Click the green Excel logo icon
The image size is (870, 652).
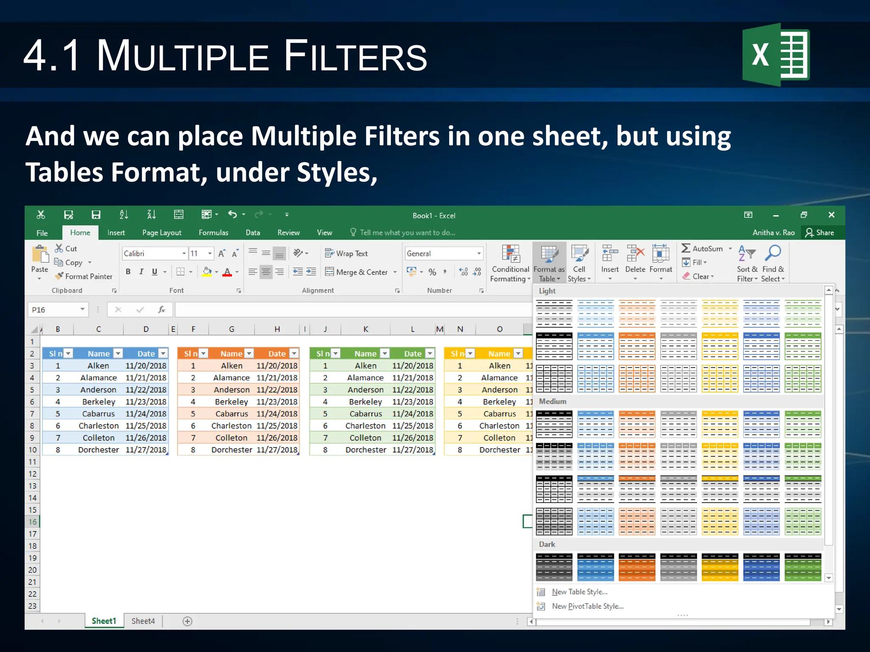click(776, 55)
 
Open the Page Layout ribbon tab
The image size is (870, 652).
click(161, 233)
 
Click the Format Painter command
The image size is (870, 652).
click(84, 276)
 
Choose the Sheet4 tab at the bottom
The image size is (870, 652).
click(143, 621)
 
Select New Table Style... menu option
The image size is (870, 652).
click(579, 592)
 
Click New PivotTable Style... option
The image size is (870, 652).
click(587, 606)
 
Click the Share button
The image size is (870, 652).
click(820, 233)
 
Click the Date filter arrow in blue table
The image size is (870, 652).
click(163, 354)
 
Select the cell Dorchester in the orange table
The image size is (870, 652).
click(232, 450)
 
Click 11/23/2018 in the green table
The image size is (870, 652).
click(412, 402)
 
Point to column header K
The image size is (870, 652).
click(366, 329)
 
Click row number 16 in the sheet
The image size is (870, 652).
click(33, 522)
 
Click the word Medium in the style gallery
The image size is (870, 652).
click(552, 402)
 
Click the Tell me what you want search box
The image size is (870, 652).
click(407, 233)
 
